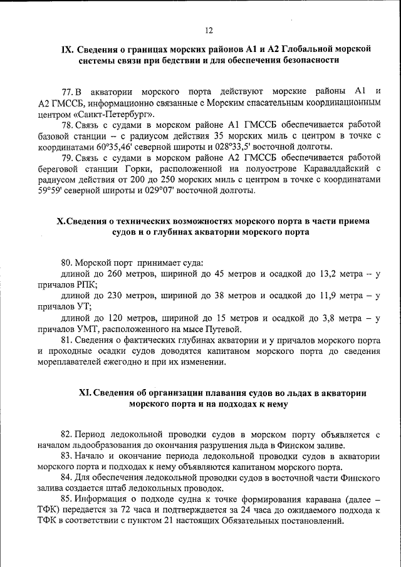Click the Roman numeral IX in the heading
(x=66, y=49)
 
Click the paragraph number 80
(x=68, y=263)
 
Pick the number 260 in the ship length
(x=115, y=274)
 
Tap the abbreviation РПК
(x=85, y=285)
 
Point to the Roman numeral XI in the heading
(x=85, y=393)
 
